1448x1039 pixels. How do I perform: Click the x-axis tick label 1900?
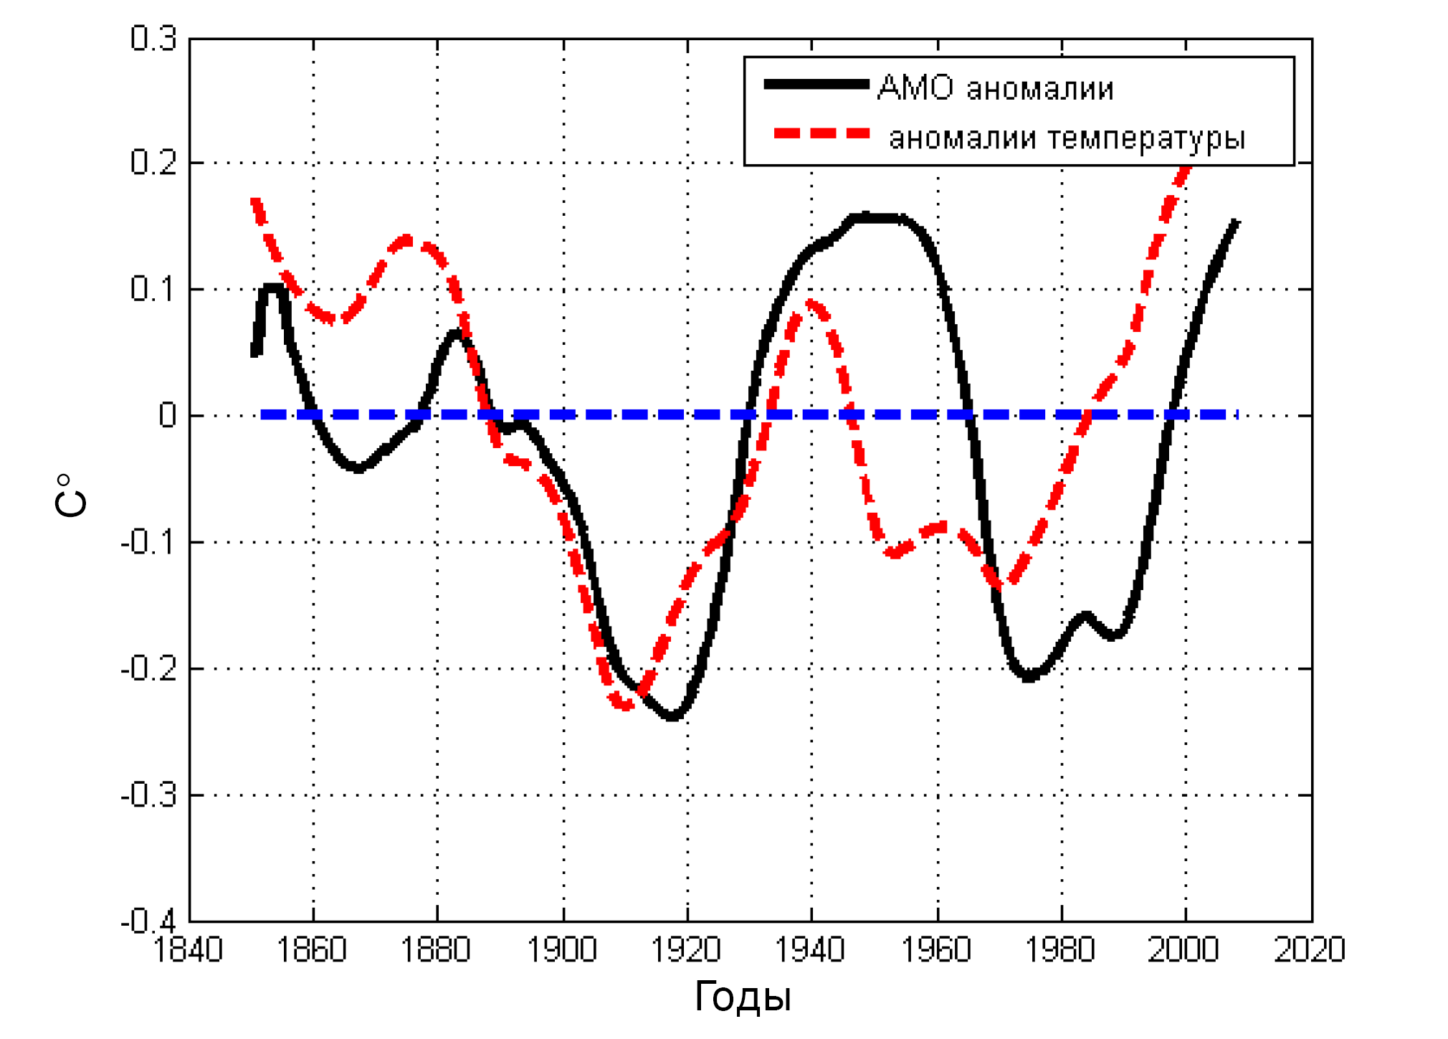pos(562,950)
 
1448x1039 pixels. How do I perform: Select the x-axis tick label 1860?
pos(312,950)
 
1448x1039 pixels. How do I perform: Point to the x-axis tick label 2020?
pos(1310,950)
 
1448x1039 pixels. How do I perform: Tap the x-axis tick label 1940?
pos(811,950)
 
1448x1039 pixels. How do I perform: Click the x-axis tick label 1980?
pos(1060,950)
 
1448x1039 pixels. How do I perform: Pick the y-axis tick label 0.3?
pos(153,39)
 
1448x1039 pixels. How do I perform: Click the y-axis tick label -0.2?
pos(148,669)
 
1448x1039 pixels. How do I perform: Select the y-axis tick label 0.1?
pos(153,289)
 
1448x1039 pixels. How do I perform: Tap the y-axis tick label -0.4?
pos(148,921)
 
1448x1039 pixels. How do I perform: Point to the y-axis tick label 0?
pos(168,415)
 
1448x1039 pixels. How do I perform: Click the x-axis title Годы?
pos(743,997)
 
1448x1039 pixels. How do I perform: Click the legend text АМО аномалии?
pos(996,88)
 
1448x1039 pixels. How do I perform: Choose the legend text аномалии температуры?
pos(1067,137)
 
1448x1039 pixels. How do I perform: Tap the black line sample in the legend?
pos(816,85)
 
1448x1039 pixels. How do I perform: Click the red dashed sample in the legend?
pos(821,133)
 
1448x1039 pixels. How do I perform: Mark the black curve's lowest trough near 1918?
pos(672,716)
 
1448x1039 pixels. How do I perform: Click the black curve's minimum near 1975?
pos(1029,676)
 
